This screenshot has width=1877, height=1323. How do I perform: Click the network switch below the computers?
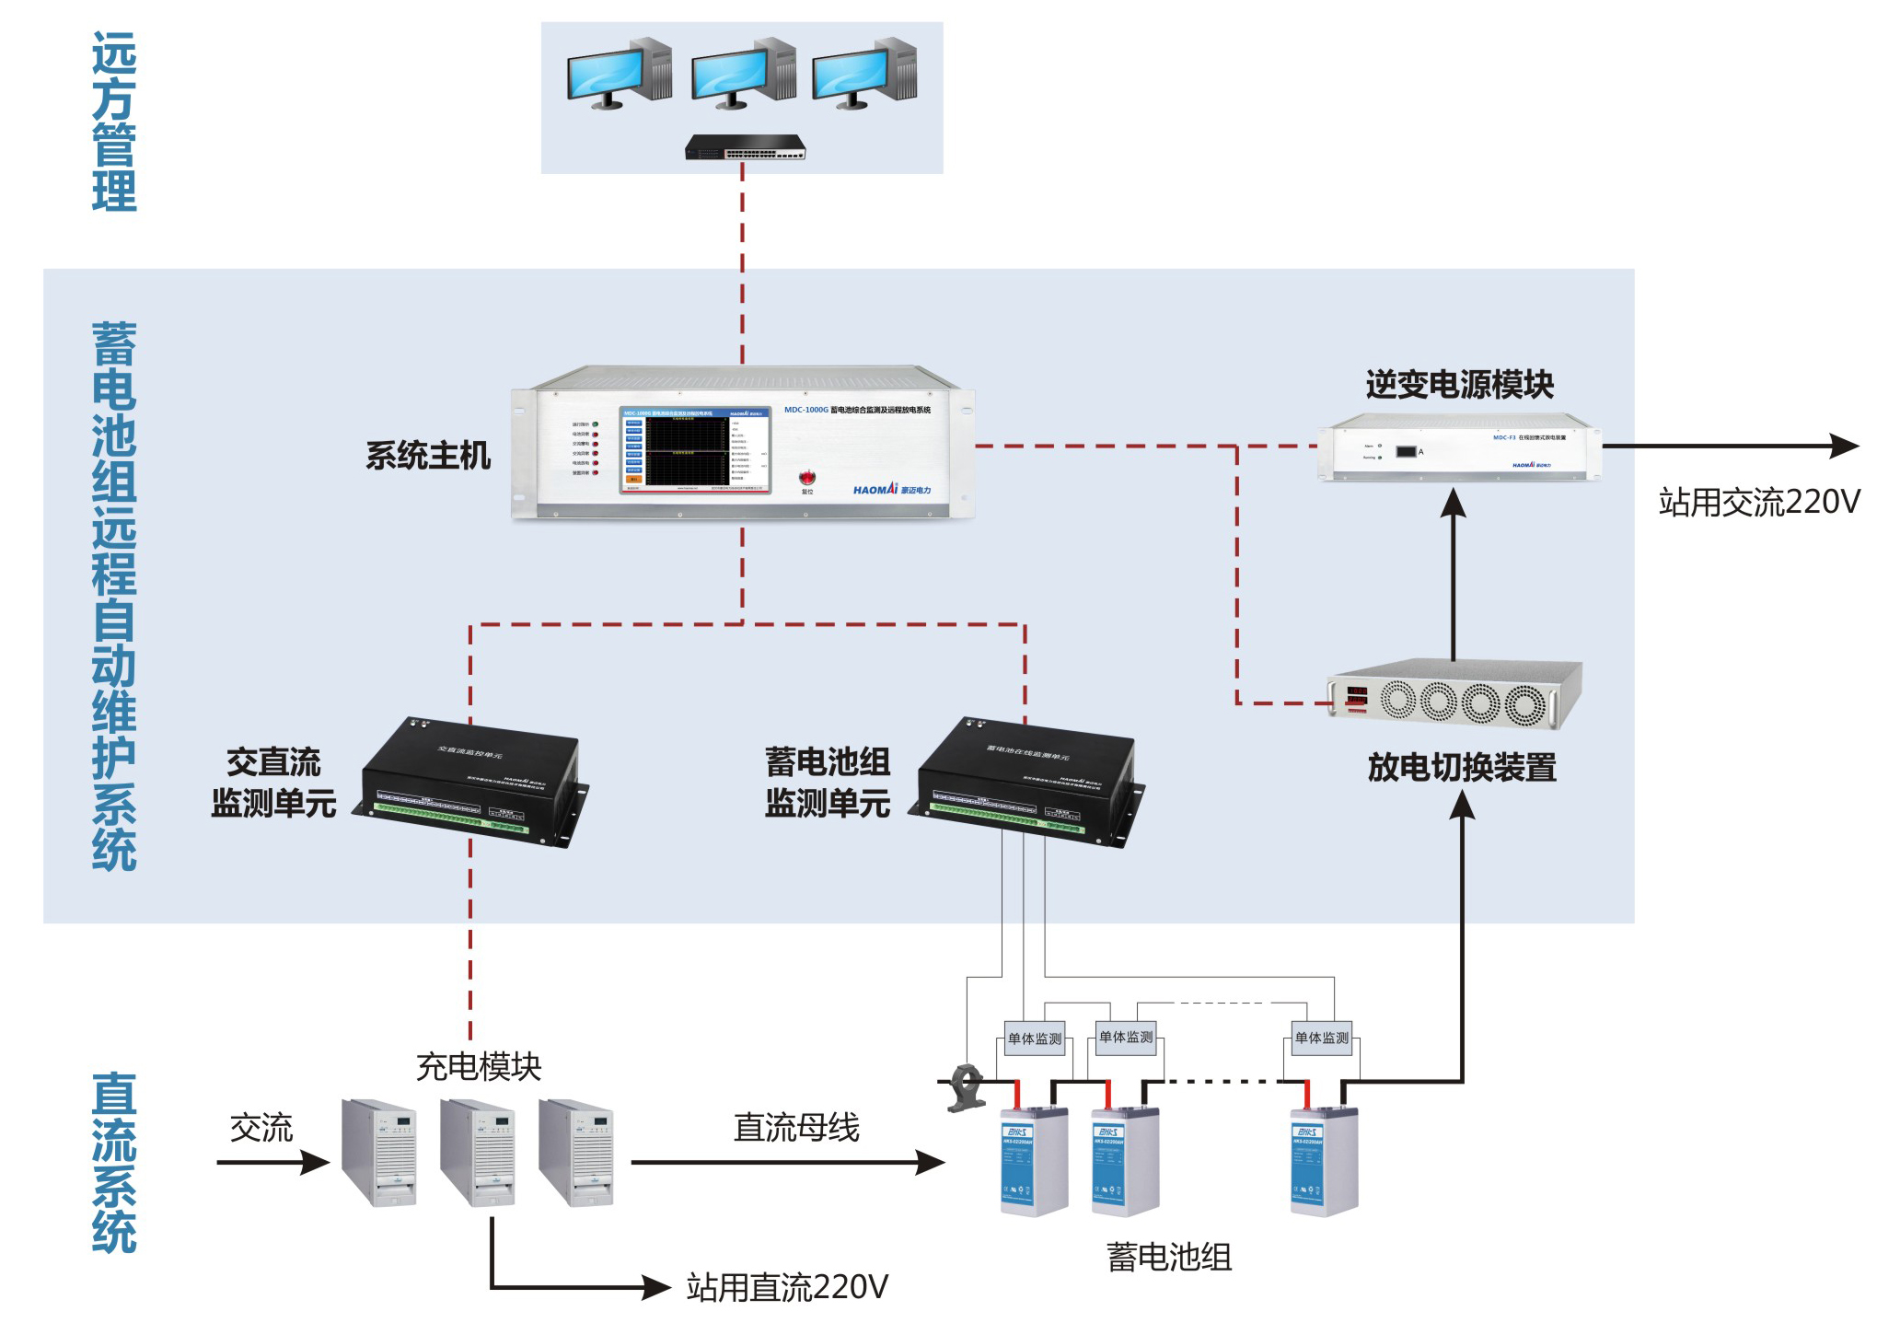tap(745, 147)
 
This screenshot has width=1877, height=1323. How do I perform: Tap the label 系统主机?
tap(428, 456)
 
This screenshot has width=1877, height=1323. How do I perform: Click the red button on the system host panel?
tap(806, 477)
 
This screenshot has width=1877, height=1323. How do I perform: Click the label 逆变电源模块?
tap(1459, 385)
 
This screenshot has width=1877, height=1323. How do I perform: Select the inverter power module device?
tap(1460, 449)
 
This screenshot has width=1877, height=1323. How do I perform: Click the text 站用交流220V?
tap(1758, 503)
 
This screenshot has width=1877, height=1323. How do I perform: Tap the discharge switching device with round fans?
tap(1454, 695)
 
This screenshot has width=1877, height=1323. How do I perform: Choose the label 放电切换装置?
tap(1462, 767)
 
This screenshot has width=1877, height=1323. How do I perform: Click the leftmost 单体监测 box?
tap(1035, 1039)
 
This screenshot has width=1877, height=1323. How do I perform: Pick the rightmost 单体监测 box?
tap(1321, 1038)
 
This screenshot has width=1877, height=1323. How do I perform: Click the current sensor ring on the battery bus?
tap(967, 1086)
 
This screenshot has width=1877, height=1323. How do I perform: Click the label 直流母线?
tap(796, 1128)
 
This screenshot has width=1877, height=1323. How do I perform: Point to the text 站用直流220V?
tap(787, 1287)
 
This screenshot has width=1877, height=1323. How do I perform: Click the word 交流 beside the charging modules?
tap(261, 1128)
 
